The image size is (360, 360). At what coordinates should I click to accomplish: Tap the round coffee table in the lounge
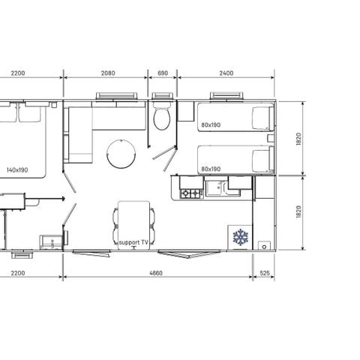pos(119,154)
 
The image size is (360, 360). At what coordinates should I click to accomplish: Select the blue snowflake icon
pos(240,238)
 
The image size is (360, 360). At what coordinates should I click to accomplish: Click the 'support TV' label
pos(134,243)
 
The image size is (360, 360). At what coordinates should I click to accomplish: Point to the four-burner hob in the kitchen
pos(191,193)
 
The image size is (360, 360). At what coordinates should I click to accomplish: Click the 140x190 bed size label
pos(16,170)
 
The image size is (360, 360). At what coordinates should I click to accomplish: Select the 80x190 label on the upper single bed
pos(211,125)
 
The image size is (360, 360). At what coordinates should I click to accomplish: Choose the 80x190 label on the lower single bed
pos(211,169)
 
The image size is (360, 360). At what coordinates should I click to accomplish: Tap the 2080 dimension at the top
pos(107,73)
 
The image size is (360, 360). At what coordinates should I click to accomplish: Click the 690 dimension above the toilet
pos(163,73)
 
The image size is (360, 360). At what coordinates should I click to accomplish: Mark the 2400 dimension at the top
pos(226,73)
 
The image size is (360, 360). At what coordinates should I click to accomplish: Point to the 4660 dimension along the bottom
pos(156,274)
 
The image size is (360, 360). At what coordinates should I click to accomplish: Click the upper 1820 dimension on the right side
pos(298,139)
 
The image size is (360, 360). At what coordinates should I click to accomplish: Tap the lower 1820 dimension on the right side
pos(298,212)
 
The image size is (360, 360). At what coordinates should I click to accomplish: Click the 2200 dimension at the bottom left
pos(18,274)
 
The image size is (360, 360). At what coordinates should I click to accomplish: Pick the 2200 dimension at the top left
pos(18,73)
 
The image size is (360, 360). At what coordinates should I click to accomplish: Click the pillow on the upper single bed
pos(262,117)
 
